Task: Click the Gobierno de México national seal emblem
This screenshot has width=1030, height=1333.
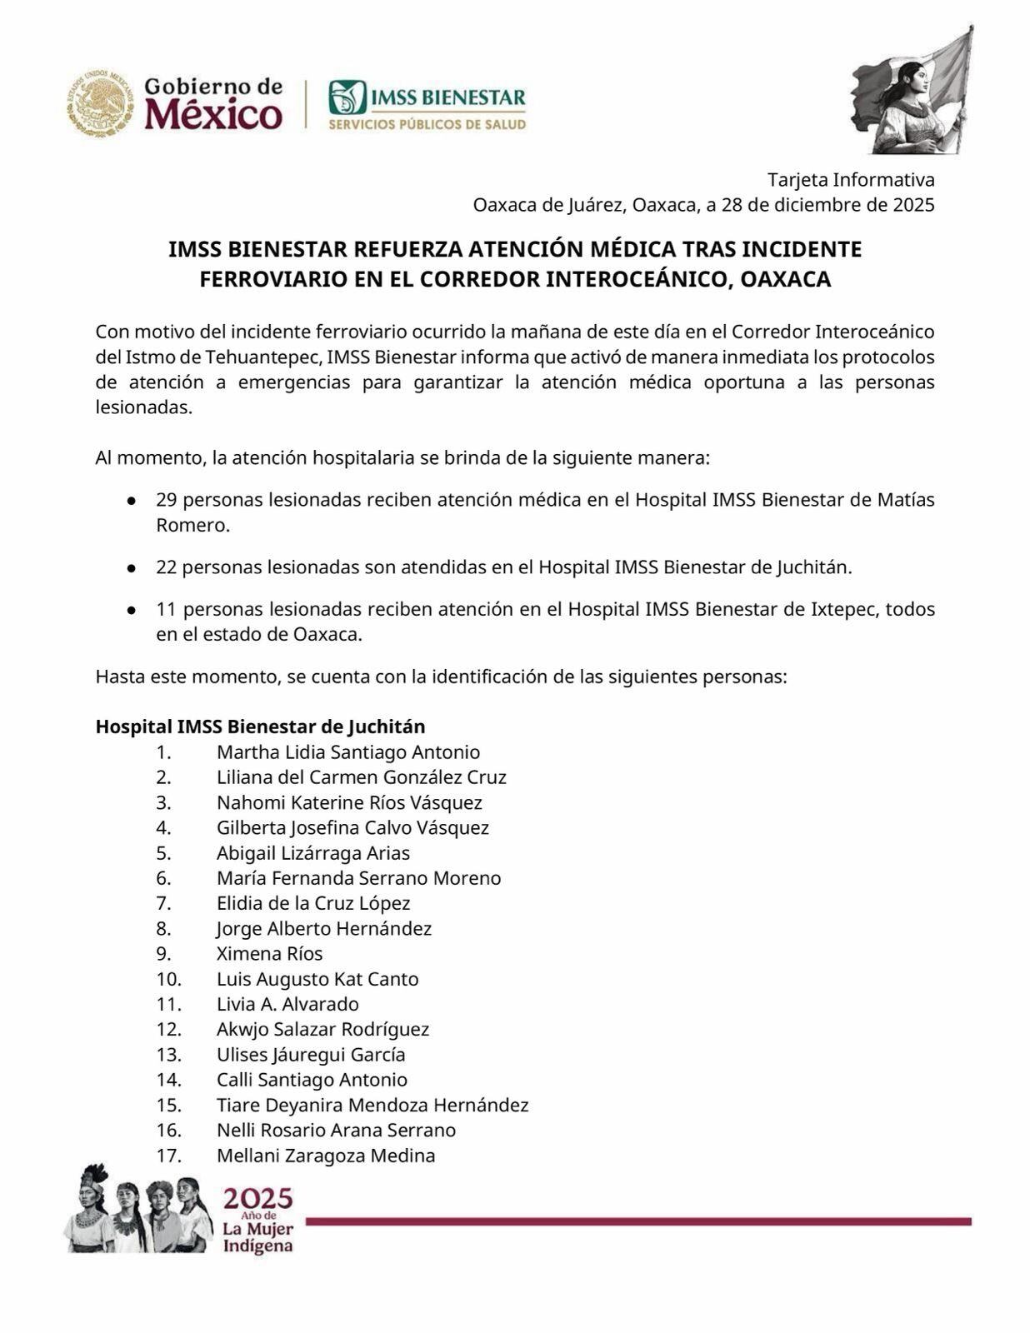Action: tap(100, 103)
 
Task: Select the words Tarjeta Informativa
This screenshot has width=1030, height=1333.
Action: tap(851, 180)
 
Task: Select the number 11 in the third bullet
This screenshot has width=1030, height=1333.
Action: tap(167, 609)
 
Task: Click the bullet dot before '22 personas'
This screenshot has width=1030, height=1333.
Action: tap(132, 568)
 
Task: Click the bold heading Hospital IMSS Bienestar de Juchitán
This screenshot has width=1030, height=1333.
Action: tap(260, 726)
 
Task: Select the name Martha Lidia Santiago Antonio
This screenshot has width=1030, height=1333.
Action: tap(347, 752)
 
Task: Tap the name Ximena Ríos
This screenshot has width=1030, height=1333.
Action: tap(269, 954)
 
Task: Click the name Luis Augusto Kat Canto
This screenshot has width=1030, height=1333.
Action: tap(317, 979)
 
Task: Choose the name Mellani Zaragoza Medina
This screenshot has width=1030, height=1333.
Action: tap(325, 1156)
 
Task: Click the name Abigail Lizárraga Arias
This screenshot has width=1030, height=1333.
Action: tap(312, 853)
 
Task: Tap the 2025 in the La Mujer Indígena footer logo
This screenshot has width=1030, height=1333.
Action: tap(257, 1199)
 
